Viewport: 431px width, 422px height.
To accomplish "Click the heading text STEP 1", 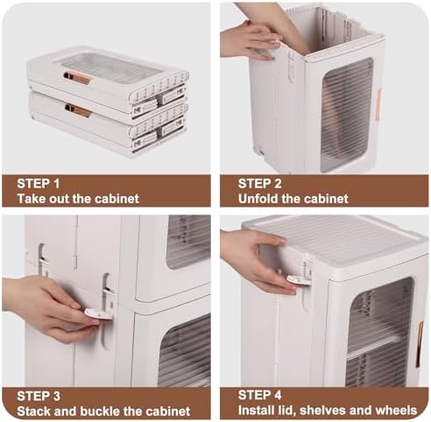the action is [39, 184].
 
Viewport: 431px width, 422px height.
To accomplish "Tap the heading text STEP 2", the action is [259, 184].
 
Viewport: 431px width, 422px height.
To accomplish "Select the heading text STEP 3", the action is [39, 396].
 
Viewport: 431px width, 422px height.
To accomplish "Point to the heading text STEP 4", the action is [259, 396].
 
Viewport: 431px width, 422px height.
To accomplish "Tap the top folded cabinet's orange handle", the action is [78, 78].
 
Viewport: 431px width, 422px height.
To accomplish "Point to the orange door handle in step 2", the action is [378, 104].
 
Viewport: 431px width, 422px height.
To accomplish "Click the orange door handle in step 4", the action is [420, 344].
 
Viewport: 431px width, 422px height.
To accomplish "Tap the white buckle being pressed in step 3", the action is [97, 315].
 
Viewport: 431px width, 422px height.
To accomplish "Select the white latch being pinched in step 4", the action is [299, 280].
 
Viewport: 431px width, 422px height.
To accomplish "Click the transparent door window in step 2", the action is [347, 115].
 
